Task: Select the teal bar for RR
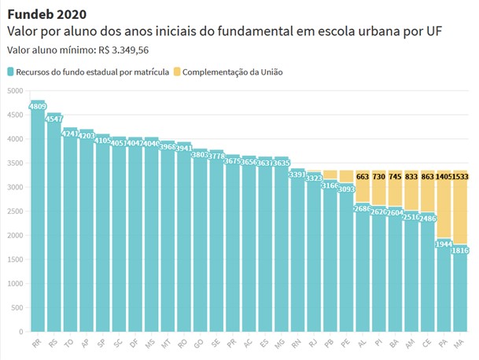pos(38,220)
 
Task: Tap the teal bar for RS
pos(54,228)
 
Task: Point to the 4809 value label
pos(37,105)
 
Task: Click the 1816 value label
pos(460,251)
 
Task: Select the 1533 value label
pos(460,178)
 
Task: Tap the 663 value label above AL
pos(363,178)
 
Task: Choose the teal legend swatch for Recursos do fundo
pos(11,72)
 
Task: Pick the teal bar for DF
pos(134,236)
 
